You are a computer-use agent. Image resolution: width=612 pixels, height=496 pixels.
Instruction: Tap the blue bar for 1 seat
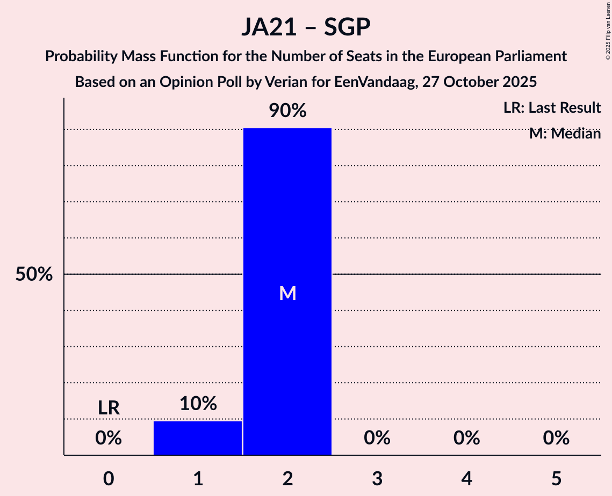(x=198, y=438)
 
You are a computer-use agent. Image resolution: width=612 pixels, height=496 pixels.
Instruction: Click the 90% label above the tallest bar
(x=287, y=111)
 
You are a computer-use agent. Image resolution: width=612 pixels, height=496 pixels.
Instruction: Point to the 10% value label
(x=198, y=404)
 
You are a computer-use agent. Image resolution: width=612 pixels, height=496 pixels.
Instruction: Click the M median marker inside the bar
(x=287, y=293)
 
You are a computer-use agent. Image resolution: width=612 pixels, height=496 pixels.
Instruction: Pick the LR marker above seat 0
(x=109, y=408)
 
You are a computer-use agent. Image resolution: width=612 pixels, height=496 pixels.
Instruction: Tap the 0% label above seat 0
(x=109, y=439)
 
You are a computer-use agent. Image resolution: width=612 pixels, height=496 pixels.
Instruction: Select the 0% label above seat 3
(x=377, y=439)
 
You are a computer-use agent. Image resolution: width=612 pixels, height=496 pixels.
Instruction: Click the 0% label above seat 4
(x=466, y=439)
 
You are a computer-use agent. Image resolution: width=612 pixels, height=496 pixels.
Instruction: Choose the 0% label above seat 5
(x=556, y=439)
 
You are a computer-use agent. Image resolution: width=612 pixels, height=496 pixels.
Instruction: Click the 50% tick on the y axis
(x=34, y=275)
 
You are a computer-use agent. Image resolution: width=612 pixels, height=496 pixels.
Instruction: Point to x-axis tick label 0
(x=109, y=478)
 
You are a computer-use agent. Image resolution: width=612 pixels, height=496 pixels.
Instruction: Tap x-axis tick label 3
(x=377, y=478)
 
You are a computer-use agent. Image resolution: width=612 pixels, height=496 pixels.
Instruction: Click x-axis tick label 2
(x=287, y=478)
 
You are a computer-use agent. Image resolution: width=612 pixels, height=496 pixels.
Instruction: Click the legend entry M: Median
(x=565, y=134)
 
